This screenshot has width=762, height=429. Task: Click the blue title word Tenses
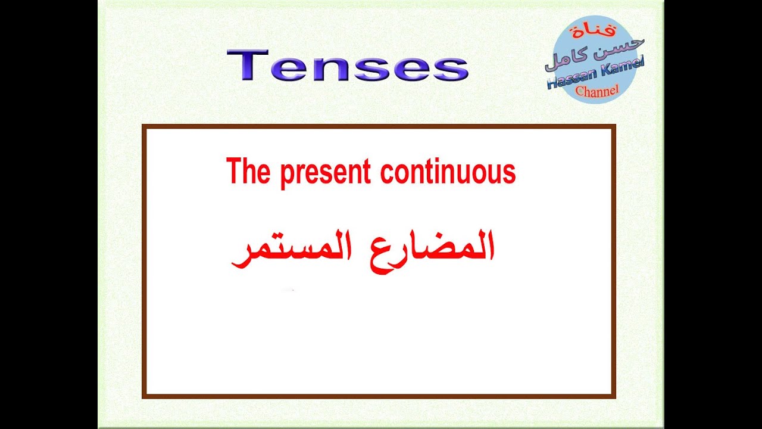tap(347, 66)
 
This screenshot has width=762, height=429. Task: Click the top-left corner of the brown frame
tap(144, 126)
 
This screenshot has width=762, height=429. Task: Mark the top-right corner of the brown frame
tap(613, 126)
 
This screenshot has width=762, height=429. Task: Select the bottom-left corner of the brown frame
tap(144, 396)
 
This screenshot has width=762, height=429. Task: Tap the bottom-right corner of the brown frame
tap(613, 396)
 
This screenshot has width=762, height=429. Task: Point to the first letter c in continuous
tap(386, 173)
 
